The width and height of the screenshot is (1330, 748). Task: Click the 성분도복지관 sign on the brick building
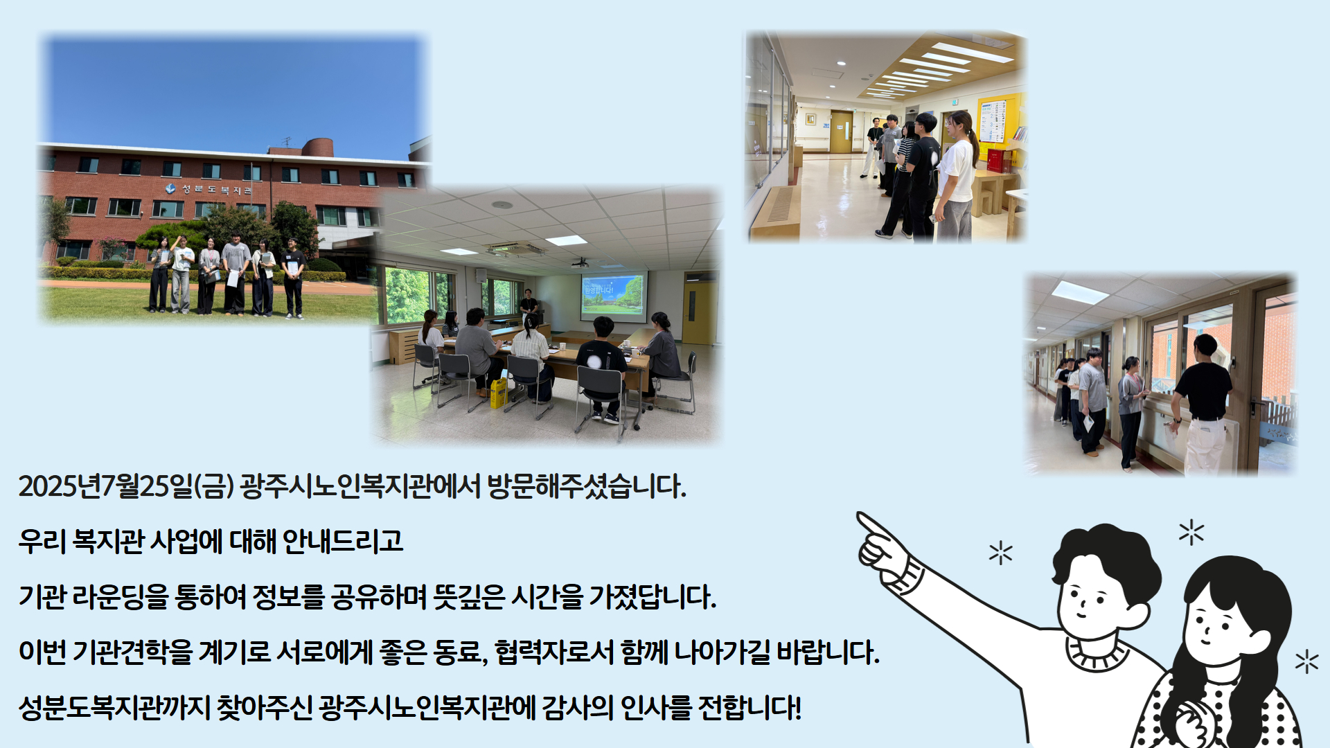[209, 189]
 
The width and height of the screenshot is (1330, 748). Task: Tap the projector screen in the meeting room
[613, 295]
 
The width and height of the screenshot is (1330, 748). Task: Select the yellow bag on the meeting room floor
[499, 393]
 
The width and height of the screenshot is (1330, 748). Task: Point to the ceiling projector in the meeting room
[580, 262]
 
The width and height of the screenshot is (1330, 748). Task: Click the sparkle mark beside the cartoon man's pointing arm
[1000, 553]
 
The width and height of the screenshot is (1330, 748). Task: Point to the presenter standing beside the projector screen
[529, 308]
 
